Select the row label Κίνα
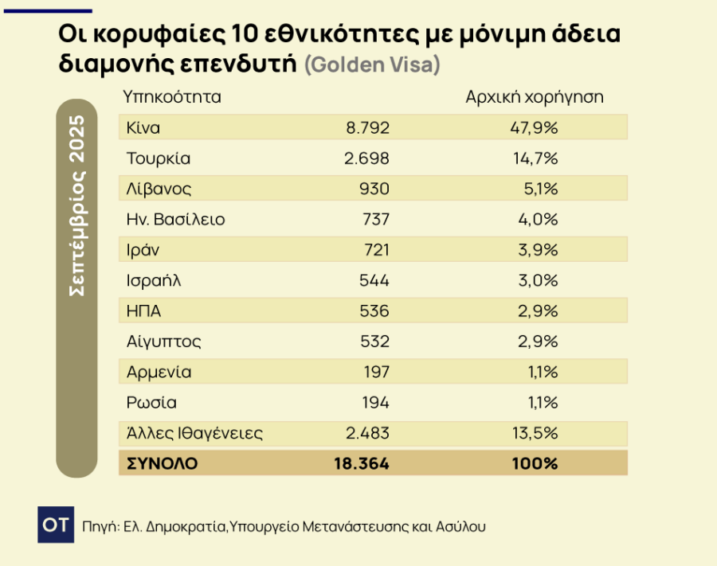coord(143,127)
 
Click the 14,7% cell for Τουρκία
coord(535,158)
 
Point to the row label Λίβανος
coord(159,189)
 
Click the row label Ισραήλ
coord(156,280)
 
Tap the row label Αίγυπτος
coord(163,342)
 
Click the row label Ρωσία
coord(151,403)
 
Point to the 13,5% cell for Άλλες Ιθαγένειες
coord(535,433)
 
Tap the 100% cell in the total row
coord(535,463)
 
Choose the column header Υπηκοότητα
coord(171,97)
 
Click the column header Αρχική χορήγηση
coord(534,97)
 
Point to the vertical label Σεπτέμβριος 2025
coord(77,206)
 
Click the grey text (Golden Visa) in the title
coord(372,64)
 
